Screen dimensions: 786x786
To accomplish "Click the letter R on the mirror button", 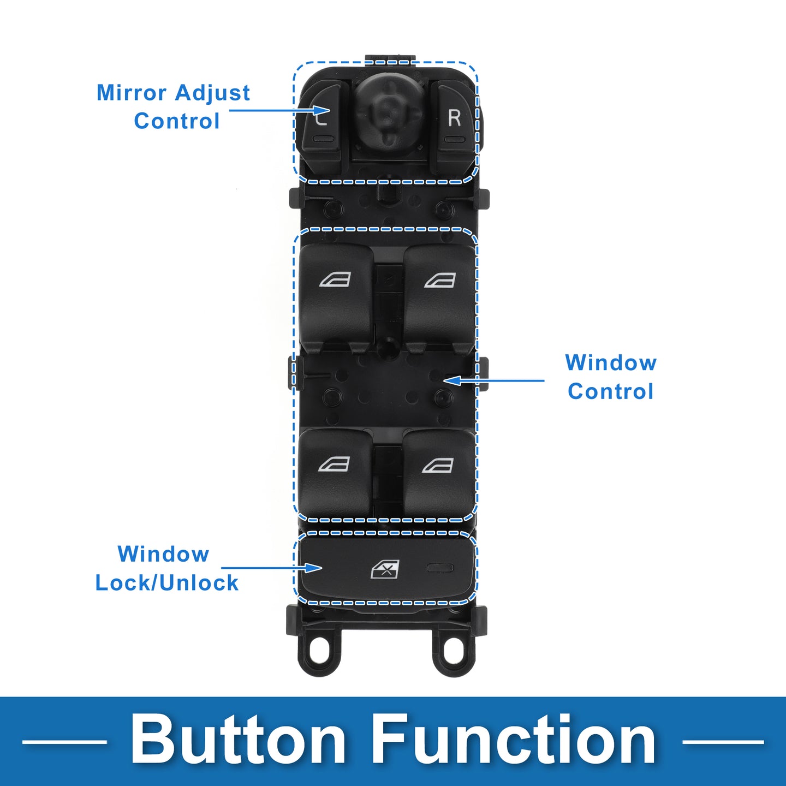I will tap(454, 117).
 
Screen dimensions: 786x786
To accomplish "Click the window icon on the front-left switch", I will tap(335, 280).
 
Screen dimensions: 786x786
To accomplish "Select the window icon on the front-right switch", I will tap(440, 280).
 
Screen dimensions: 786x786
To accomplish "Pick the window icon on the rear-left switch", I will tap(334, 465).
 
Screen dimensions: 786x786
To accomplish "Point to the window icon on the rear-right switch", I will tap(438, 465).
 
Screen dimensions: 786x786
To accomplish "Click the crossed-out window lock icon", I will tap(385, 569).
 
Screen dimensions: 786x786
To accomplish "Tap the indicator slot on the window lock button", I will tap(440, 568).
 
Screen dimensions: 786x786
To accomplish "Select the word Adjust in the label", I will tap(213, 93).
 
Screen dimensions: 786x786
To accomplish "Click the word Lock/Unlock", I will tap(166, 583).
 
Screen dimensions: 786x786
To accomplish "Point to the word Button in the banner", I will tap(238, 741).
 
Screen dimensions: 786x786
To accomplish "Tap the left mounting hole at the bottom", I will tap(319, 651).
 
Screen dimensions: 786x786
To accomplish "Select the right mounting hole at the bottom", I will tap(454, 651).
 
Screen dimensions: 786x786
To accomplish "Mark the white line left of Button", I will tap(64, 742).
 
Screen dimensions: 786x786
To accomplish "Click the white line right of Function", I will tap(723, 742).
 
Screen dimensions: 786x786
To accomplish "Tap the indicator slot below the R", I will tap(454, 140).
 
